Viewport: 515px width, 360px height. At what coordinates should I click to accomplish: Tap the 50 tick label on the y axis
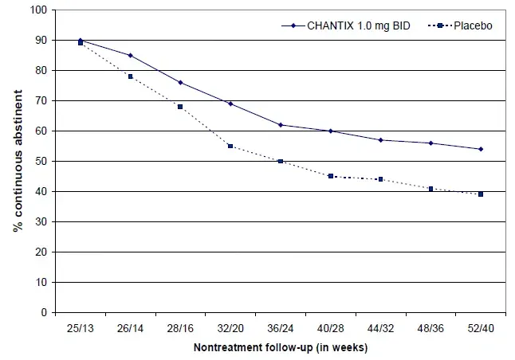point(40,161)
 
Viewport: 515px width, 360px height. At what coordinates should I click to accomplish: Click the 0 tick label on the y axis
point(43,312)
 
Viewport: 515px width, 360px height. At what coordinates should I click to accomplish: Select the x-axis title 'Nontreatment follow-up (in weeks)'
point(281,347)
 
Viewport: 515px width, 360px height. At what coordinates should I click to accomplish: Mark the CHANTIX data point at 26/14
point(130,55)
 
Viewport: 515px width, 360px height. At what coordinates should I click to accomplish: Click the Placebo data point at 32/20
point(230,146)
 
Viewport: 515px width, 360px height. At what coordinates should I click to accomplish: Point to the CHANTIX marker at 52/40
point(481,149)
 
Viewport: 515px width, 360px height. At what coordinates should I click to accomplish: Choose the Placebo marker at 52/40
point(481,194)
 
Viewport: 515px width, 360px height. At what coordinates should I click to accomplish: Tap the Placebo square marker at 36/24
point(281,161)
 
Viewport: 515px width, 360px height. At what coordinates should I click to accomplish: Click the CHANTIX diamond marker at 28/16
point(180,82)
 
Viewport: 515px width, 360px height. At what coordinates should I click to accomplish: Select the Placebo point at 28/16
point(180,107)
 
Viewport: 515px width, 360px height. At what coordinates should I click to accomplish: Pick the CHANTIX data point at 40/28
point(331,131)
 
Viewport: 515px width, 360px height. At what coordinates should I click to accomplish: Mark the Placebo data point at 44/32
point(381,179)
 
